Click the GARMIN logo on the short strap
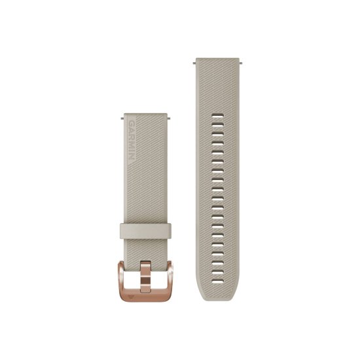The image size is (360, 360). pos(132,140)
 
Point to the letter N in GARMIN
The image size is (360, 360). pos(132,157)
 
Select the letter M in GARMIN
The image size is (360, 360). pos(132,143)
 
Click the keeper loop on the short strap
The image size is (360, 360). pos(145,230)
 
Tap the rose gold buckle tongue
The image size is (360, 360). pos(145,277)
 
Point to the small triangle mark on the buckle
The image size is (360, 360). pos(131,297)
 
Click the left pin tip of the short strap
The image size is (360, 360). pos(122,118)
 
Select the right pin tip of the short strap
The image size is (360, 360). pos(169,118)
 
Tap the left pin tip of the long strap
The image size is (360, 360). pos(194,62)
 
